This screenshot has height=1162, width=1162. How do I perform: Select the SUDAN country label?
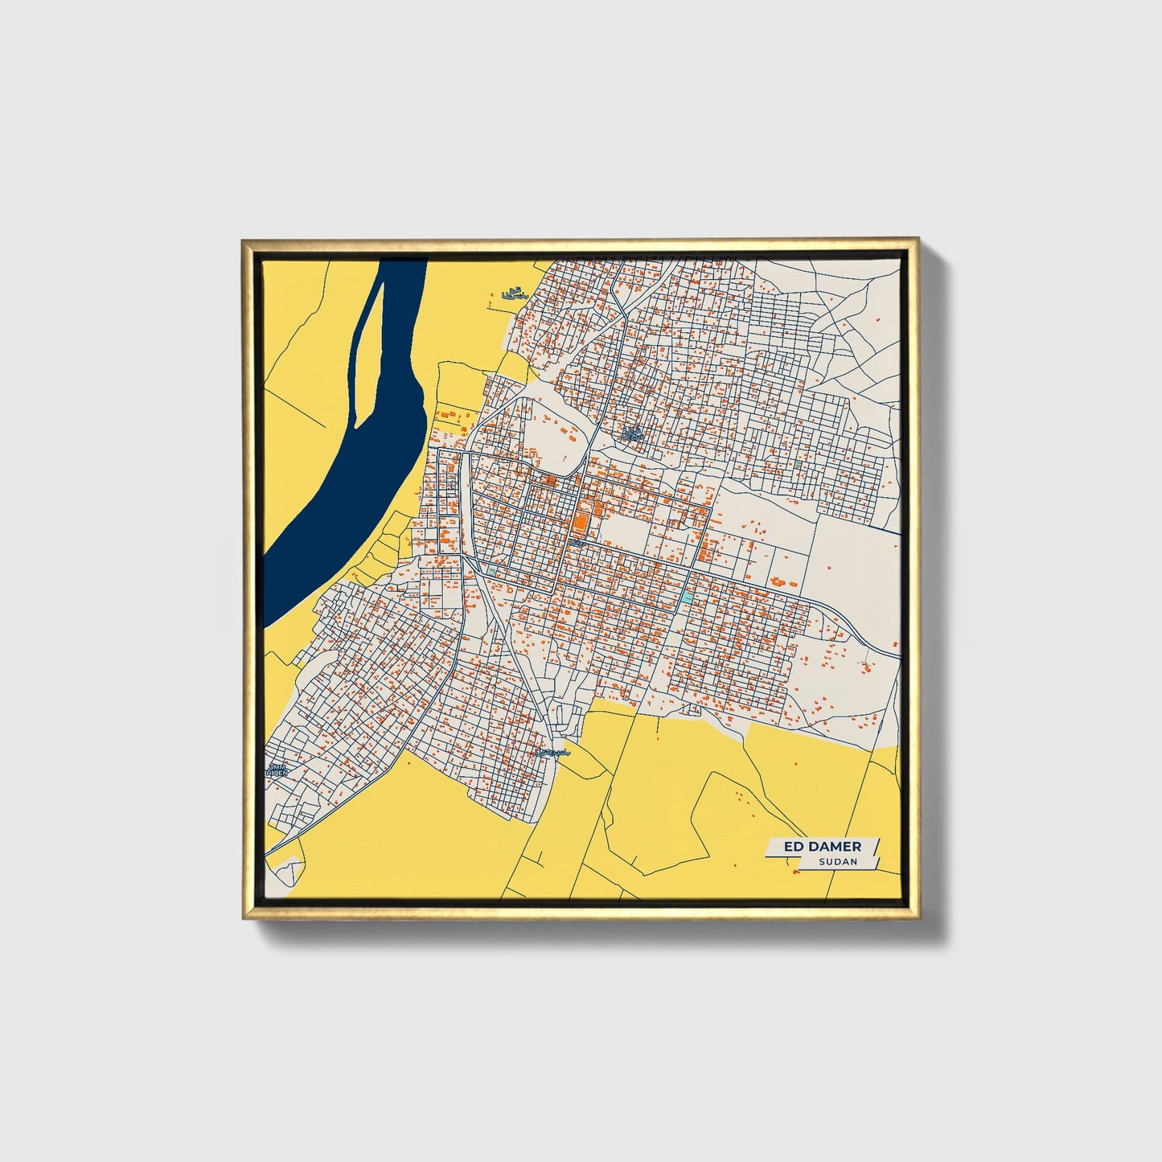tap(838, 861)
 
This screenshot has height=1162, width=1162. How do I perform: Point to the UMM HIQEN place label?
tap(277, 770)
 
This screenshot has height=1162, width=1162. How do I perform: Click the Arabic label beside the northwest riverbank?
tap(513, 295)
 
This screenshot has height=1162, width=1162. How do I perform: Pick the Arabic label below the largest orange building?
tap(577, 544)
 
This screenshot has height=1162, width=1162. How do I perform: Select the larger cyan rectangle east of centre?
tap(686, 597)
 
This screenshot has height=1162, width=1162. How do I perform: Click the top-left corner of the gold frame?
tap(244, 240)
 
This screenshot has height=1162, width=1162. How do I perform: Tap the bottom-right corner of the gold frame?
tap(917, 918)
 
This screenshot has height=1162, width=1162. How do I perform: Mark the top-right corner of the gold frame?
tap(917, 240)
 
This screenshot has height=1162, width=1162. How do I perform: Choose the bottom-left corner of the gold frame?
tap(244, 918)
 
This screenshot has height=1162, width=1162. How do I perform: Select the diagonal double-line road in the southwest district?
tap(426, 708)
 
